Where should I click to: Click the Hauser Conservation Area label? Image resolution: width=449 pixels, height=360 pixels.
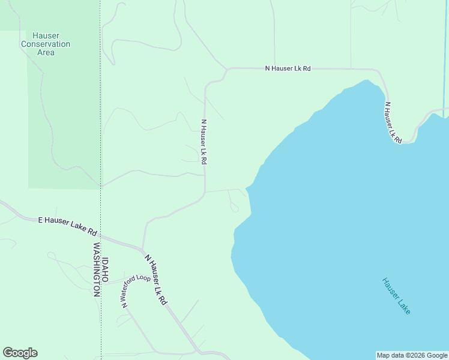(x=46, y=44)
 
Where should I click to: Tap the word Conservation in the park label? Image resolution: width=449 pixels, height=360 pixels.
(x=46, y=44)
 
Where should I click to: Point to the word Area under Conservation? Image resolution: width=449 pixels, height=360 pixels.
(x=46, y=52)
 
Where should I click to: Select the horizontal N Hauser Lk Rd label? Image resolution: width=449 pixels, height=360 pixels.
(x=288, y=68)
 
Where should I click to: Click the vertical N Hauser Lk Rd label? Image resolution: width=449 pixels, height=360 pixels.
(x=204, y=142)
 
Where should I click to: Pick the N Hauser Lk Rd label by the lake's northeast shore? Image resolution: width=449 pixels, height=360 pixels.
(x=393, y=122)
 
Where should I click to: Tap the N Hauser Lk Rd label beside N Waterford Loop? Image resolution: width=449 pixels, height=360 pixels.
(x=155, y=280)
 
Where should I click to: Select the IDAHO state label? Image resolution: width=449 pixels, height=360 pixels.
(x=105, y=271)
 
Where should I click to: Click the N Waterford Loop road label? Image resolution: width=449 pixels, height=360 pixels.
(x=136, y=290)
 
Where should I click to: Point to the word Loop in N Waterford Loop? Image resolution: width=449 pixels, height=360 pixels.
(x=144, y=278)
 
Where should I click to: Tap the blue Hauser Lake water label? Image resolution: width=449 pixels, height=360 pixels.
(x=397, y=296)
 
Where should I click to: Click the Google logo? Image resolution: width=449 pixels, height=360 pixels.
(x=20, y=353)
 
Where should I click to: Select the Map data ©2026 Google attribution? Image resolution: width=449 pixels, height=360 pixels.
(x=412, y=355)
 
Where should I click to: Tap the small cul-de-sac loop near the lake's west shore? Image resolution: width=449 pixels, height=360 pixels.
(x=234, y=208)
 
